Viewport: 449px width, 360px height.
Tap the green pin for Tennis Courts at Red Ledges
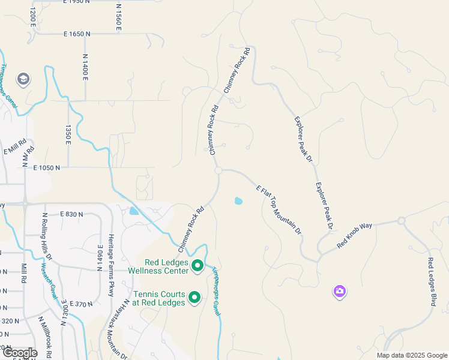[194, 297]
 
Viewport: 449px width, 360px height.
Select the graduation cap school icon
[23, 79]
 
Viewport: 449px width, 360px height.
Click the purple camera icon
[339, 292]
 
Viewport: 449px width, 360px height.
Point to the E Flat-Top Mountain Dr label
[278, 209]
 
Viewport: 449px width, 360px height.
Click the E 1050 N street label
[47, 168]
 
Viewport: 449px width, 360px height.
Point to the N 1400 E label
[86, 67]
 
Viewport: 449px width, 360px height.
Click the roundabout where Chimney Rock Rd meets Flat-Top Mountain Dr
[218, 170]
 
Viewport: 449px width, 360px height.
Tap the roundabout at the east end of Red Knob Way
[401, 221]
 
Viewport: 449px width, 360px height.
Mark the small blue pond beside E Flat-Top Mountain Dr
[238, 201]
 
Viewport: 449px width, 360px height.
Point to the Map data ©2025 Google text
[411, 355]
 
